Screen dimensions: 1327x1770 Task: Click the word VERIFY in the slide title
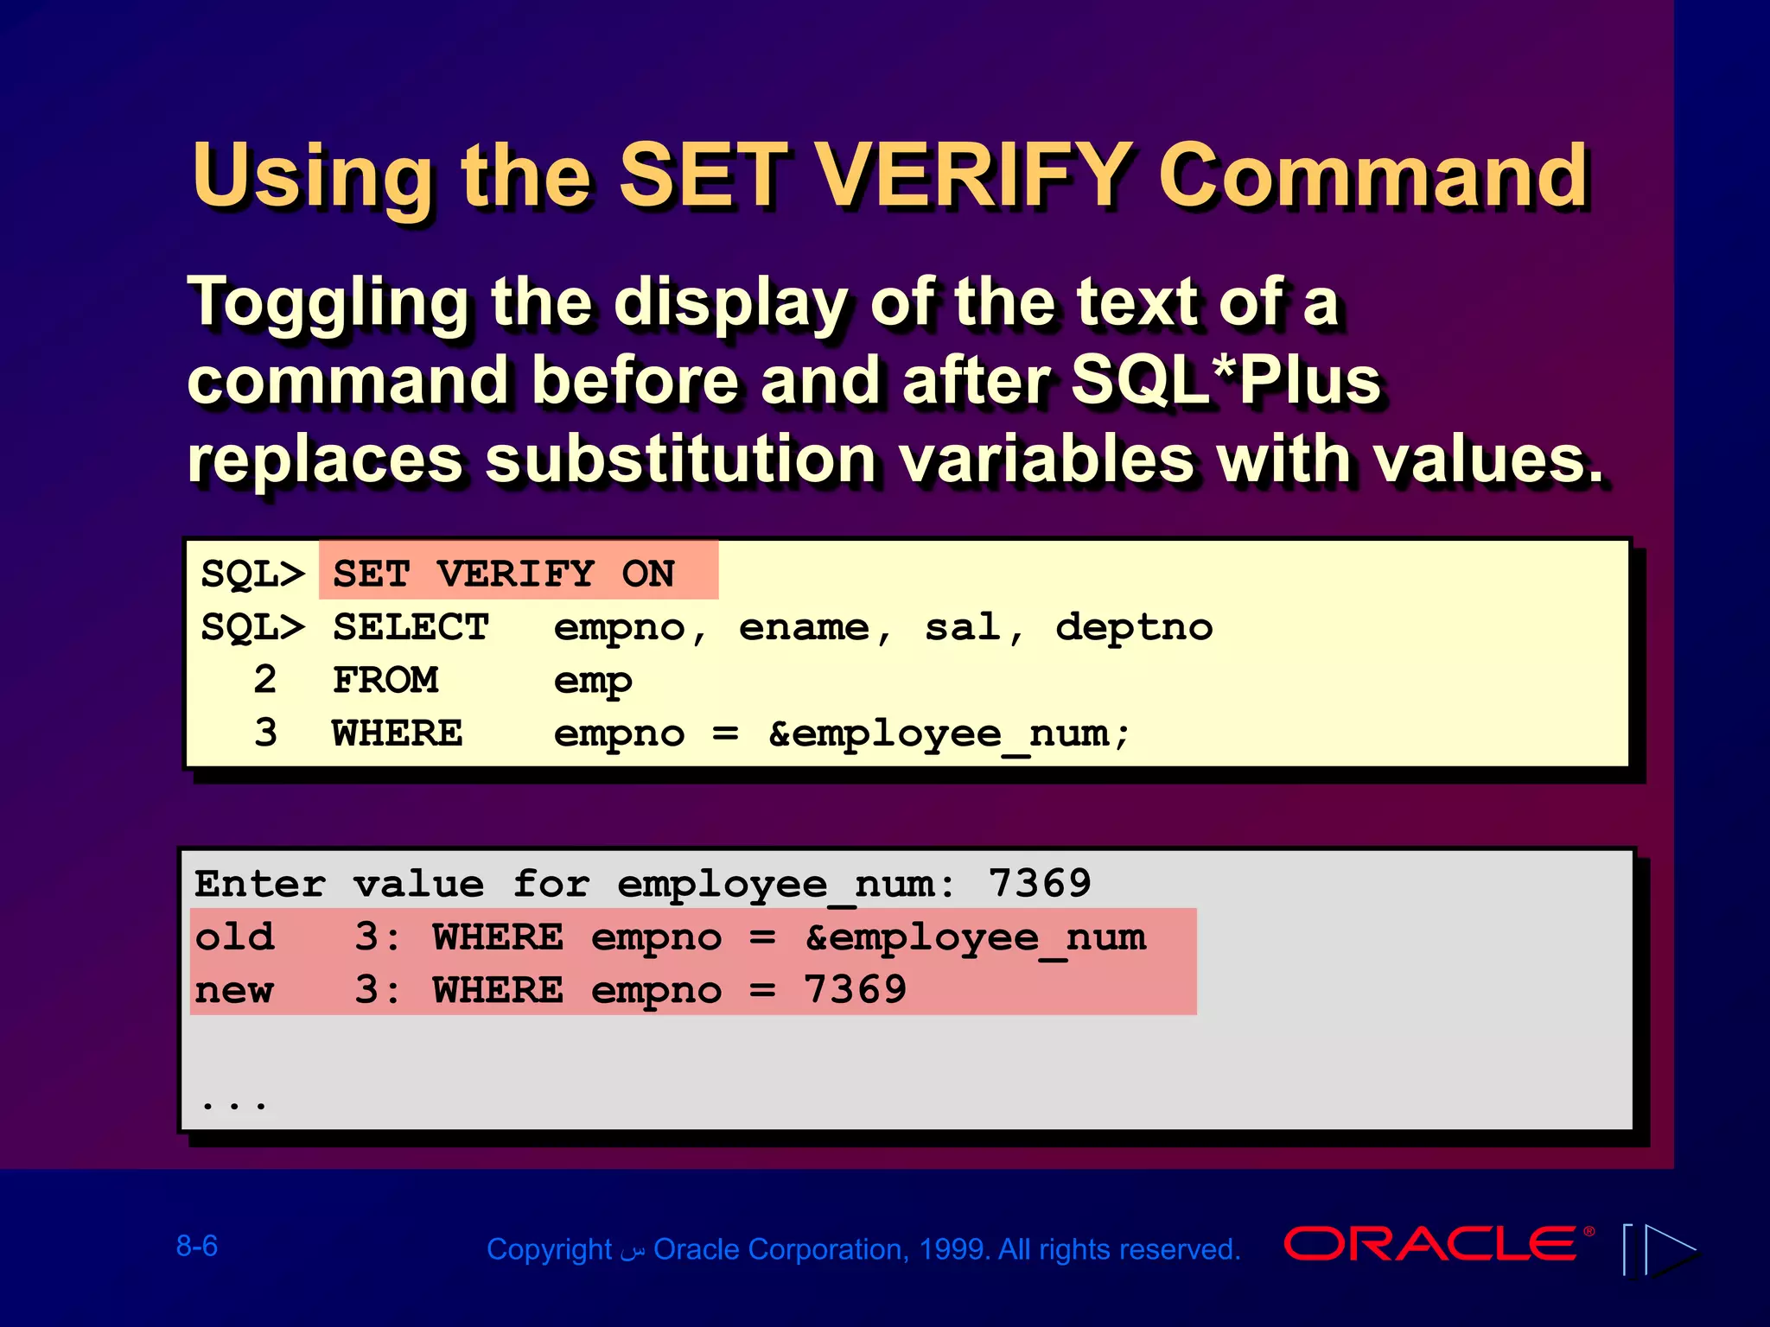tap(972, 176)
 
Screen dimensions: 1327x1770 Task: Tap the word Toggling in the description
tap(328, 304)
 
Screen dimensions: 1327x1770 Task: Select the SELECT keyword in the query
tap(411, 627)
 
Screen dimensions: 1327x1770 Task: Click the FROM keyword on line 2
tap(385, 681)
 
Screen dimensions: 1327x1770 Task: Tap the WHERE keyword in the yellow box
tap(397, 733)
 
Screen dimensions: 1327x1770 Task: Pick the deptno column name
tap(1133, 627)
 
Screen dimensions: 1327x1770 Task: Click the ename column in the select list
tap(804, 627)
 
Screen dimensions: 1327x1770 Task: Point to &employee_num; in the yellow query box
tap(948, 734)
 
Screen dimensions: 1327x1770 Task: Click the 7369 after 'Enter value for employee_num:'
tap(1040, 883)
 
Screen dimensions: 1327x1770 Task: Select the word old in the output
tap(234, 937)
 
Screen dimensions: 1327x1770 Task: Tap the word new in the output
tap(234, 991)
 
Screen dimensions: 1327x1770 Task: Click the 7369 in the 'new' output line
tap(855, 990)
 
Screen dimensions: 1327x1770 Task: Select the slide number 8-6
tap(197, 1246)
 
